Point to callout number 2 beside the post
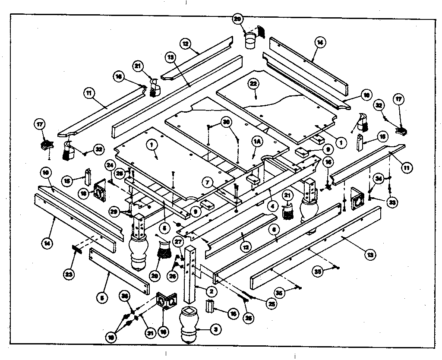point(210,291)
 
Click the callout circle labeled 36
point(125,296)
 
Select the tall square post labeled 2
point(191,274)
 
